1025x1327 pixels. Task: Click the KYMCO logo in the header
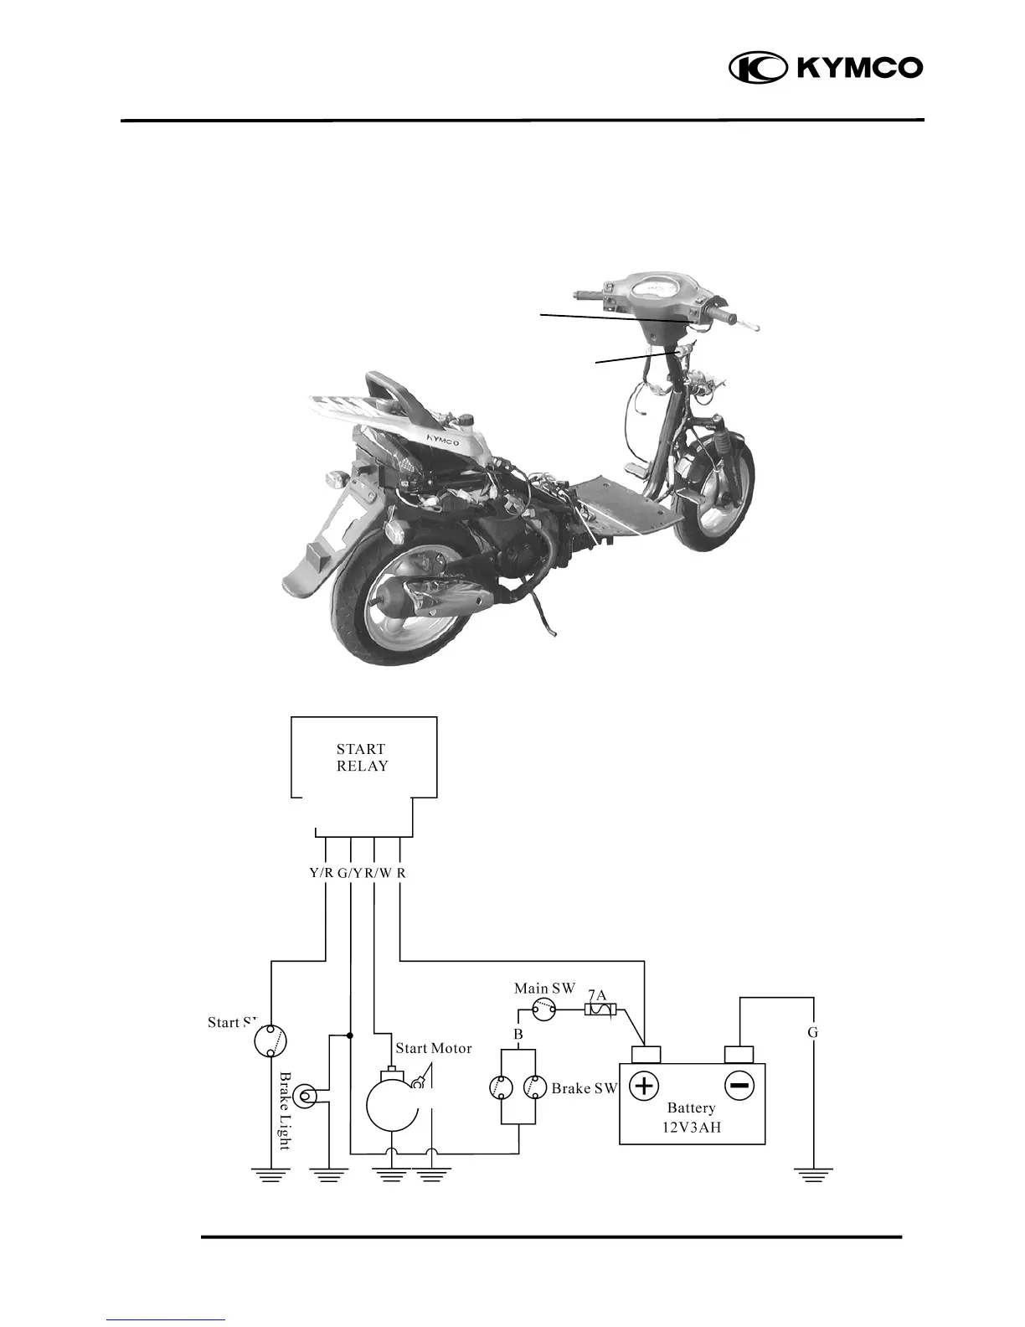pyautogui.click(x=825, y=68)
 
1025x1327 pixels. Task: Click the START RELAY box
pyautogui.click(x=363, y=757)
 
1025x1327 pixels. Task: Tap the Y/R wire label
pyautogui.click(x=322, y=873)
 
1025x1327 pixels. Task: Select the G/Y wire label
pyautogui.click(x=350, y=873)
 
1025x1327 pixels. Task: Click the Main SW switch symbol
pyautogui.click(x=544, y=1012)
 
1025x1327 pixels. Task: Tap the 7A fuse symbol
pyautogui.click(x=600, y=1011)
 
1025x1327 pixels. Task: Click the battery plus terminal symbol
pyautogui.click(x=644, y=1087)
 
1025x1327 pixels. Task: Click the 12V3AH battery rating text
pyautogui.click(x=692, y=1127)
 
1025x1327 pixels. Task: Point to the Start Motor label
pyautogui.click(x=433, y=1048)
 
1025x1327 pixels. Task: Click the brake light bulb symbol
pyautogui.click(x=309, y=1095)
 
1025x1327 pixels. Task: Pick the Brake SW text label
pyautogui.click(x=584, y=1089)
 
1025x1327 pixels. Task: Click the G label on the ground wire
pyautogui.click(x=812, y=1033)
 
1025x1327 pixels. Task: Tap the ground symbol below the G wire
pyautogui.click(x=812, y=1176)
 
